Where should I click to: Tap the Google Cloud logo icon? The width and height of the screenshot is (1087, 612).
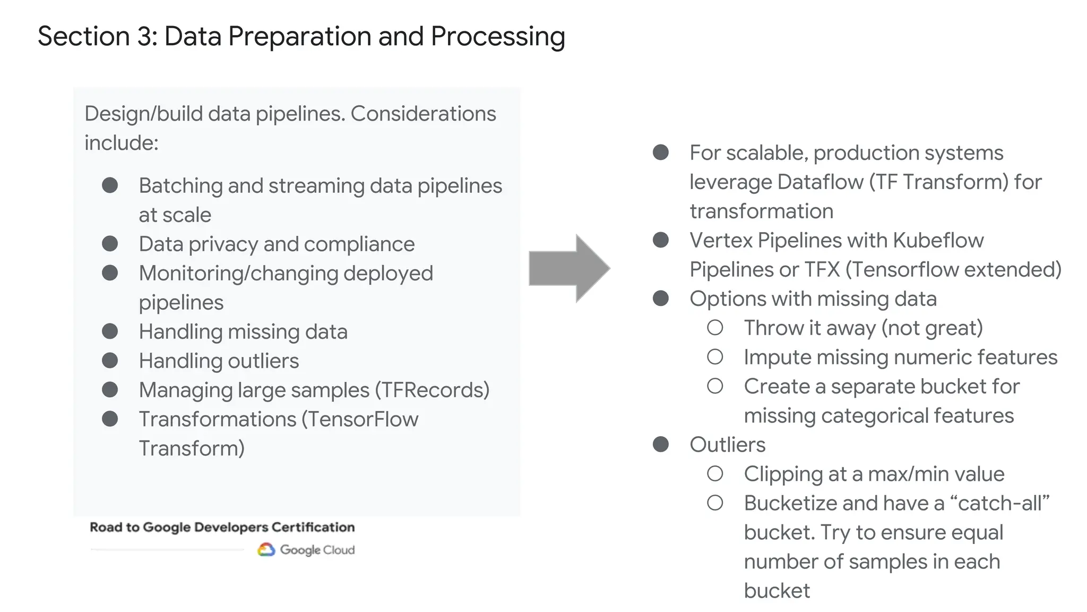tap(266, 549)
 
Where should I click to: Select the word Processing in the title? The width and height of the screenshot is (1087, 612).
tap(497, 37)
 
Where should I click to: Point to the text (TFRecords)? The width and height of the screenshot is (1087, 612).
tap(432, 390)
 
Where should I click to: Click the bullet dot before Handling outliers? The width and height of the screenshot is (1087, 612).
tap(110, 361)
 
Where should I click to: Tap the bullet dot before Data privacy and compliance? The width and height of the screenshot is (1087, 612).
tap(110, 244)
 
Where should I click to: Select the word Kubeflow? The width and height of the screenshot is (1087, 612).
tap(938, 241)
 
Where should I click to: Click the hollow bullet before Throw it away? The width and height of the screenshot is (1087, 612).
tap(715, 328)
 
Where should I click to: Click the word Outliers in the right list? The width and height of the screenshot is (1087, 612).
tap(727, 445)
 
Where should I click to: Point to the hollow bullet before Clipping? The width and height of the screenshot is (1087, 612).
tap(715, 474)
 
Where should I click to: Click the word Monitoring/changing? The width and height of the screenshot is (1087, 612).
tap(238, 274)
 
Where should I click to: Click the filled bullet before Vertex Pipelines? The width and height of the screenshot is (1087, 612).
tap(660, 240)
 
